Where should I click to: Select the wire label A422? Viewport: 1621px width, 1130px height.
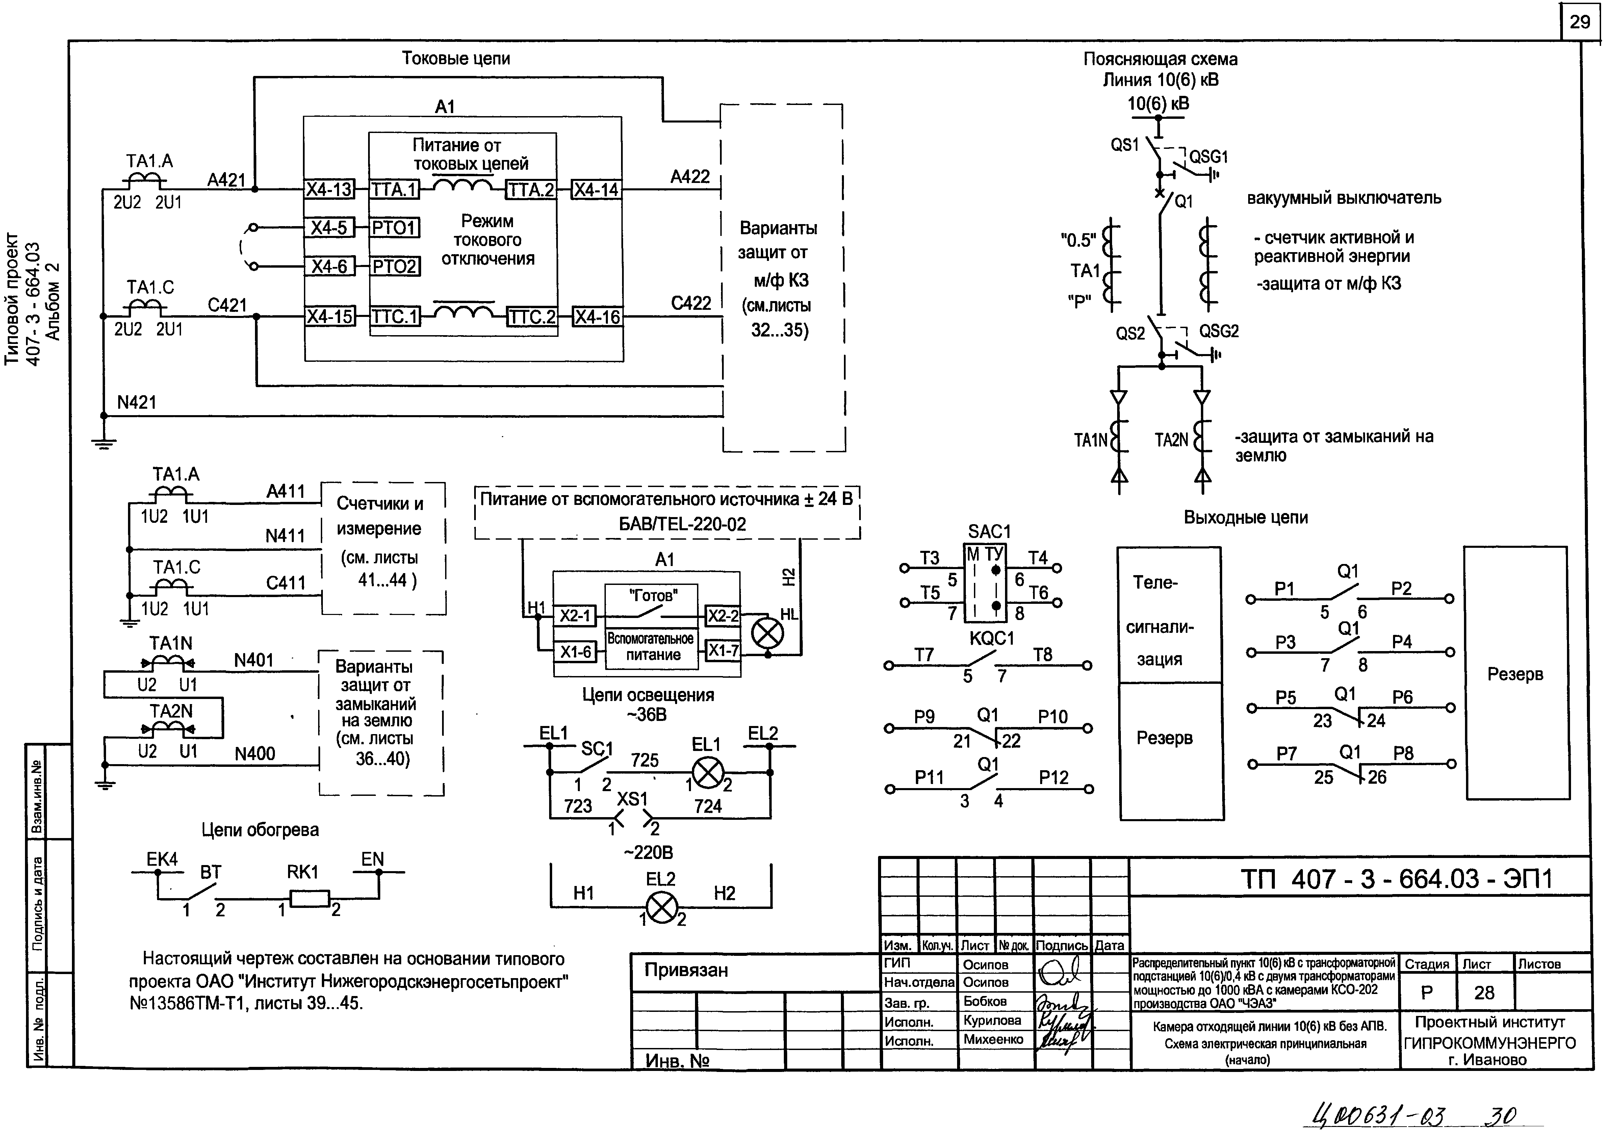(690, 177)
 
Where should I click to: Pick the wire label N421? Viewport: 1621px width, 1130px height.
(136, 402)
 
